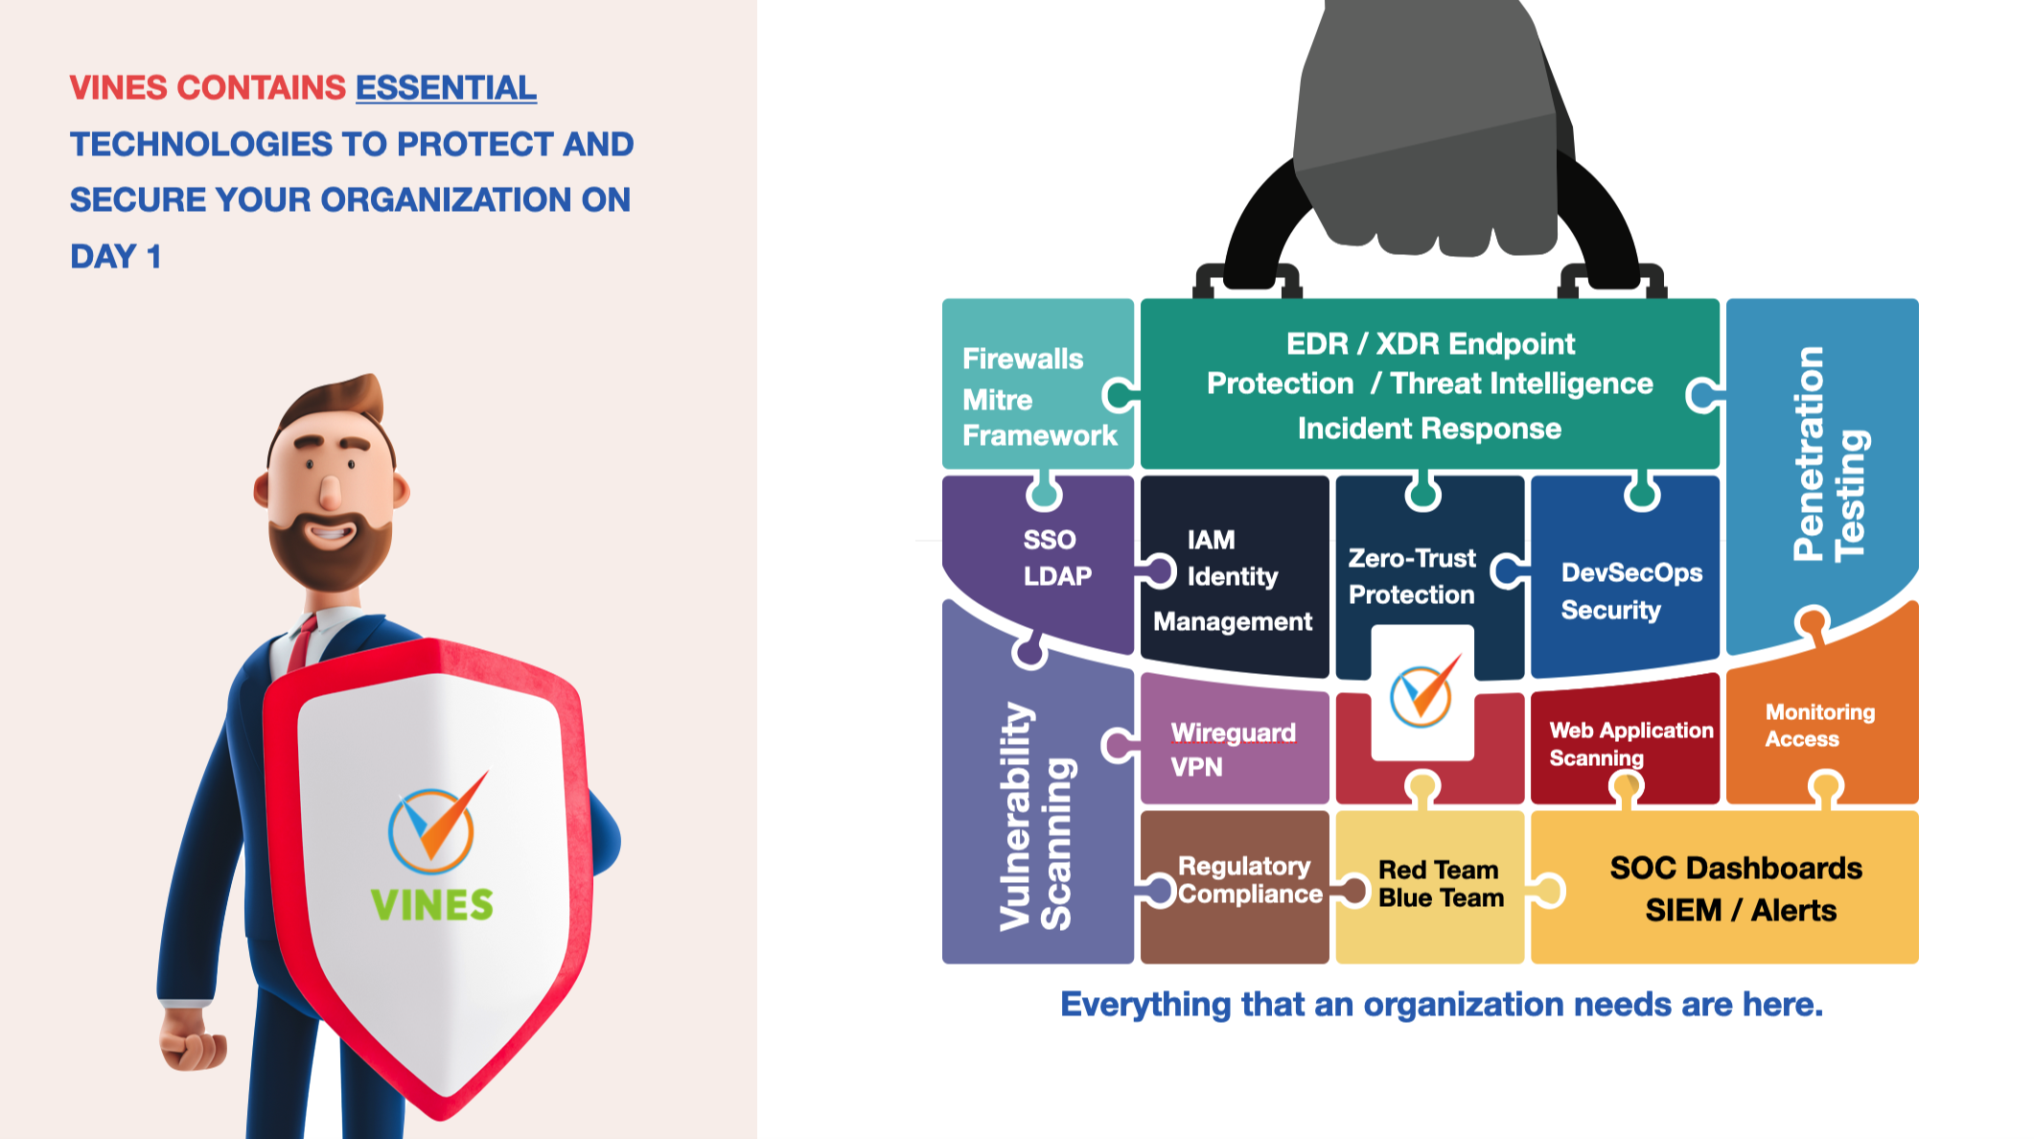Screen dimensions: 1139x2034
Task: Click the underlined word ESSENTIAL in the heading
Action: (x=446, y=88)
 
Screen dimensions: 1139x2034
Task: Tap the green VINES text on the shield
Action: (x=432, y=905)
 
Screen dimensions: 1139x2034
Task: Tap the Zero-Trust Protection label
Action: (x=1411, y=576)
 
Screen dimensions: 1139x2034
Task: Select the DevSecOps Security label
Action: (x=1630, y=591)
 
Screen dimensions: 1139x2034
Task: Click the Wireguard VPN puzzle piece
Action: (x=1232, y=749)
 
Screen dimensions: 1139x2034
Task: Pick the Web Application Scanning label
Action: (x=1630, y=743)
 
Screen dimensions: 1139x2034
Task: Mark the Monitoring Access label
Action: (x=1819, y=725)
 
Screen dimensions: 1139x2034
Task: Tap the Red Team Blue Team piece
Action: (x=1440, y=883)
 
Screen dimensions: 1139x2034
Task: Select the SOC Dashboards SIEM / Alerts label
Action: (x=1738, y=889)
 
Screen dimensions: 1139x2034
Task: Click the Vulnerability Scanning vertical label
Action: (x=1036, y=817)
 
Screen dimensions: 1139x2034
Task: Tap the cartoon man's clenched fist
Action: (x=193, y=1039)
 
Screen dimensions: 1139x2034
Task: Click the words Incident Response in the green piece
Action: (x=1428, y=429)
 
